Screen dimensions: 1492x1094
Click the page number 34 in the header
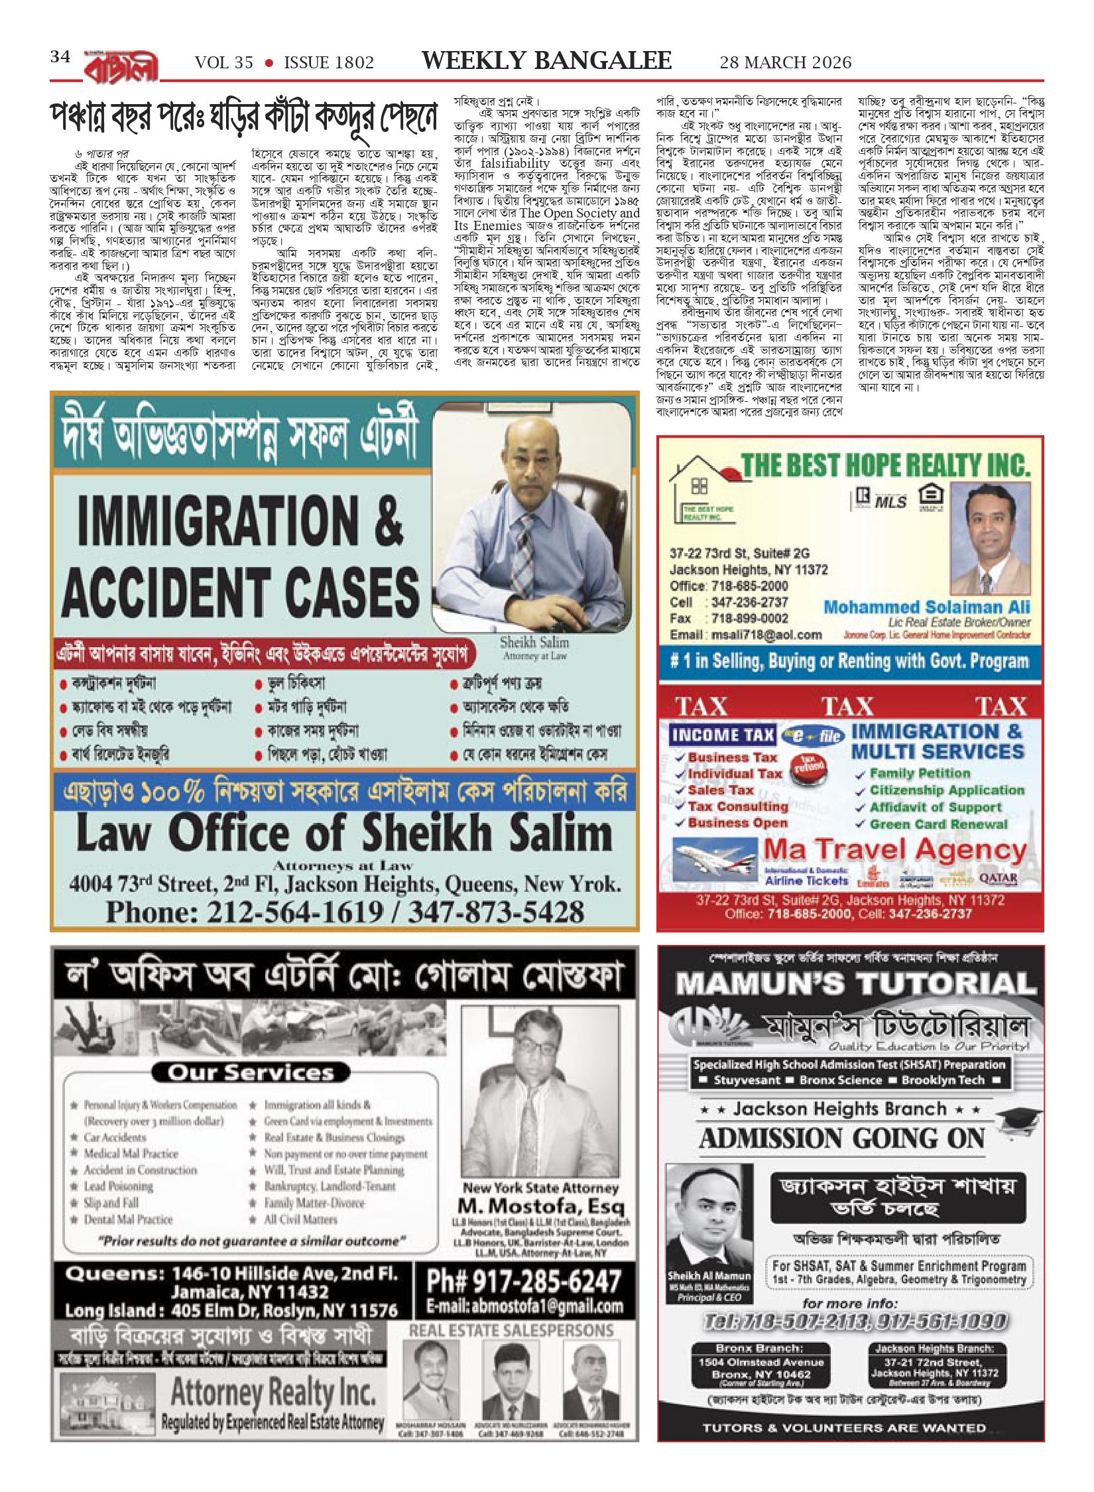(60, 57)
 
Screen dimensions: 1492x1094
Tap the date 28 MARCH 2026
(785, 62)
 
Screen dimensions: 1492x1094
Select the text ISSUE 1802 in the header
(329, 63)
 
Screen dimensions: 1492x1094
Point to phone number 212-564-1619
(294, 912)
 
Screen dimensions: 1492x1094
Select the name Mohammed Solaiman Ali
(926, 607)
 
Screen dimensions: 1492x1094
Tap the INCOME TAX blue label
(722, 735)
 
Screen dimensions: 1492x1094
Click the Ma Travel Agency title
(895, 849)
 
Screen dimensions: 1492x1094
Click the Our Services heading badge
(251, 1072)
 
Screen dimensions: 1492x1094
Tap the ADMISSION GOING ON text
(842, 1139)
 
